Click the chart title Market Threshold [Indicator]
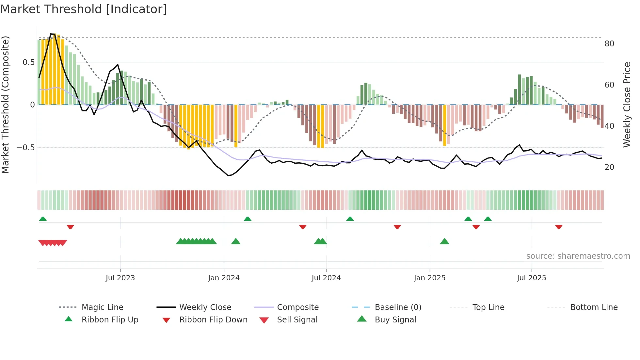click(84, 9)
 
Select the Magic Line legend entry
click(102, 307)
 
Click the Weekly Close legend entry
click(205, 307)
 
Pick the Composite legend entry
click(298, 307)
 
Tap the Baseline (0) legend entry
click(398, 307)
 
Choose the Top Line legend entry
click(488, 307)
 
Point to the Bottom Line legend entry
click(594, 307)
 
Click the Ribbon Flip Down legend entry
click(213, 320)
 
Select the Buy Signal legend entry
click(395, 320)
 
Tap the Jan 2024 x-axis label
click(224, 278)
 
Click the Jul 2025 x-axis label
click(531, 278)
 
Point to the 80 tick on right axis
click(609, 44)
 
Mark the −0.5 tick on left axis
click(25, 148)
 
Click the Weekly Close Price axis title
click(627, 105)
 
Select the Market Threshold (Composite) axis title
click(5, 105)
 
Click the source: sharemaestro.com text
click(578, 256)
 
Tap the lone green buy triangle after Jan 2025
click(444, 242)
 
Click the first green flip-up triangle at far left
click(43, 219)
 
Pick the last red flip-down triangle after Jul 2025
click(559, 227)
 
